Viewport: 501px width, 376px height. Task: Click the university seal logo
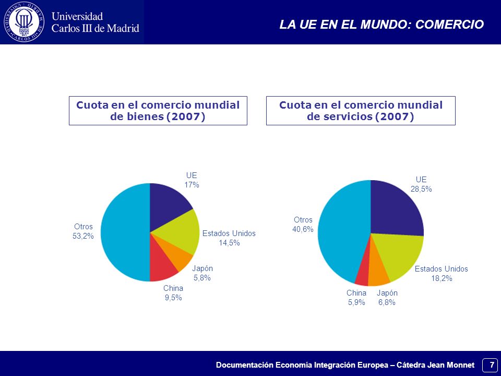point(24,22)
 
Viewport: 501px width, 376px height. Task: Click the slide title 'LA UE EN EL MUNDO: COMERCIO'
point(381,25)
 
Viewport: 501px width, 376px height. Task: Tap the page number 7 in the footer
point(492,365)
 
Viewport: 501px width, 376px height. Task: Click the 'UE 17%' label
point(192,180)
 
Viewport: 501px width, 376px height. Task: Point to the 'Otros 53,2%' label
point(83,231)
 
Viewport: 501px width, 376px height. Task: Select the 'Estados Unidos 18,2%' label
point(442,273)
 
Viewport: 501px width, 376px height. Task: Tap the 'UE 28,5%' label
point(421,184)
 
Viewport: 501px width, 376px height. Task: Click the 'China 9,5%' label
point(173,293)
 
